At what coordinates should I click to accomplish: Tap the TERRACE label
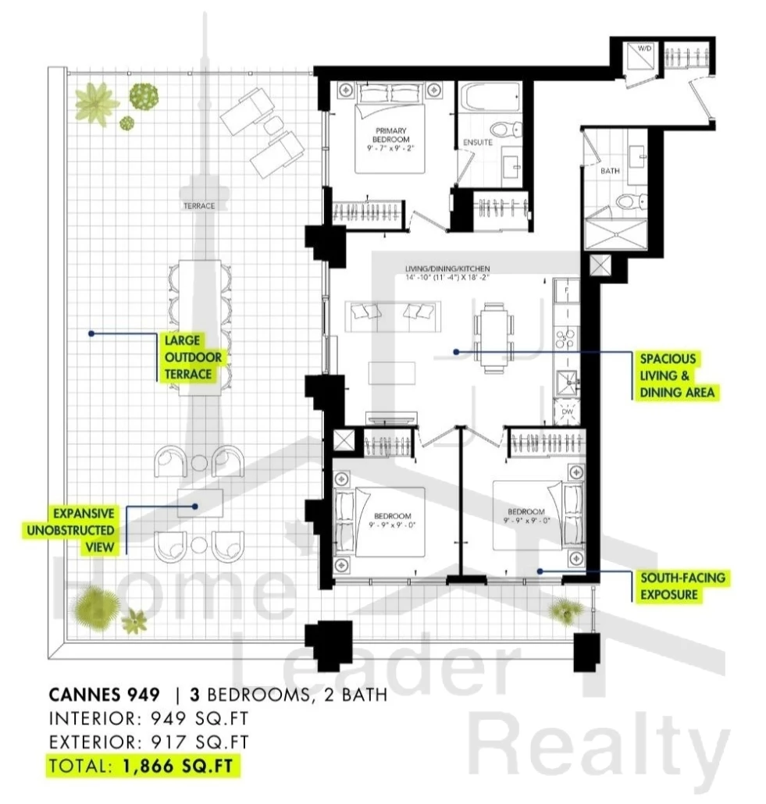199,205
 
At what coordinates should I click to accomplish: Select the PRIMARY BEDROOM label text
391,135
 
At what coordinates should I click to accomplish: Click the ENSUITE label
478,142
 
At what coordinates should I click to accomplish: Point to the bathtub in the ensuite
490,98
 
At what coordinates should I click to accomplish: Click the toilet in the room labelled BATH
632,201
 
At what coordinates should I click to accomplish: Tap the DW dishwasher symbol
566,411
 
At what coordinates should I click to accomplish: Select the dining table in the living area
494,338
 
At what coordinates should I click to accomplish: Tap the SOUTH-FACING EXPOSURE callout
682,586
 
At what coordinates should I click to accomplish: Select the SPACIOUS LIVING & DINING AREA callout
676,375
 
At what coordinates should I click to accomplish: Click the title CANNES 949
104,695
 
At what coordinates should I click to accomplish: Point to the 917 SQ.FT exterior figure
199,742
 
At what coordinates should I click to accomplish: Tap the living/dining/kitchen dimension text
447,277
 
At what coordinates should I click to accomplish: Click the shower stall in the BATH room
616,235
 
